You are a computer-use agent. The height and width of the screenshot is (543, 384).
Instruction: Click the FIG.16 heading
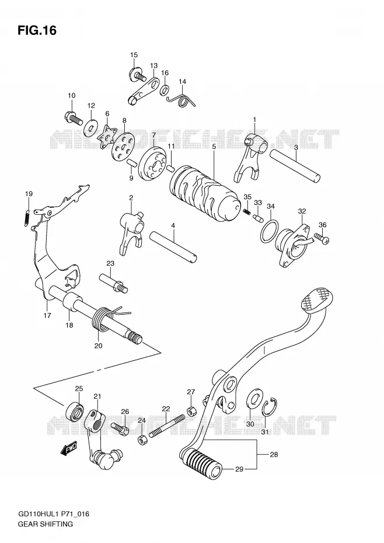coord(37,30)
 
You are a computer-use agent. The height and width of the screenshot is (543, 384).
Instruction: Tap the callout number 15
coord(134,55)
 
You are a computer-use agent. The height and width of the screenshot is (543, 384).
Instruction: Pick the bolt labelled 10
coord(73,118)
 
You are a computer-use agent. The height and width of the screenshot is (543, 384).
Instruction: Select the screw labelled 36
coord(322,239)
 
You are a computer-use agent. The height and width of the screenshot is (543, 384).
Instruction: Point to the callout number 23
coord(110,263)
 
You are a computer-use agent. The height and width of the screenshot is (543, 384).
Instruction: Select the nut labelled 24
coord(143,440)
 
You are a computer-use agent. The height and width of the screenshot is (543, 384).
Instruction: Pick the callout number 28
coord(274,454)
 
